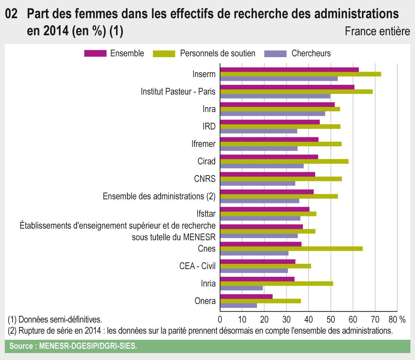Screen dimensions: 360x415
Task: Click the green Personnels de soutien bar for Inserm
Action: point(301,74)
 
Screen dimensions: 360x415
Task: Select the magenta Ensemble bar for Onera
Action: point(246,296)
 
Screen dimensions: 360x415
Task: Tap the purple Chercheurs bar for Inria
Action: point(242,288)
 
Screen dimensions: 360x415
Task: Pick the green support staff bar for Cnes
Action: point(291,249)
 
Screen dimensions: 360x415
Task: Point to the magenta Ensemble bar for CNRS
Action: point(268,174)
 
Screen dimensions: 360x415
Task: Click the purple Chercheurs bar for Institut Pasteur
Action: point(275,96)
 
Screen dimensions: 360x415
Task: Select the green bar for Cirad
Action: point(284,161)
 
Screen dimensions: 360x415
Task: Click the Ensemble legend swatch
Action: point(95,53)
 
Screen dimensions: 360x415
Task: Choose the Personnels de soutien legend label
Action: point(218,53)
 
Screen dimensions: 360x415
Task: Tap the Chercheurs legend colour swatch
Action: point(275,53)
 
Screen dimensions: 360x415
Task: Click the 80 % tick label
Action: point(397,319)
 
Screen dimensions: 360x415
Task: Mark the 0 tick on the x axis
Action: point(220,319)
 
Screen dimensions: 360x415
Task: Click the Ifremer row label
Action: point(206,144)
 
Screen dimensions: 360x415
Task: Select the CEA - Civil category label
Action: point(197,266)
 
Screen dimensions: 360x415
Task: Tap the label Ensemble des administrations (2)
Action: point(159,196)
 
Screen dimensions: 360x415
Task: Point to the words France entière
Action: point(377,31)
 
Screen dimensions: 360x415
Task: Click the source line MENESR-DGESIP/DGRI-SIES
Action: point(73,346)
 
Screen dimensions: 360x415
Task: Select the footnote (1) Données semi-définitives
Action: point(55,319)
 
